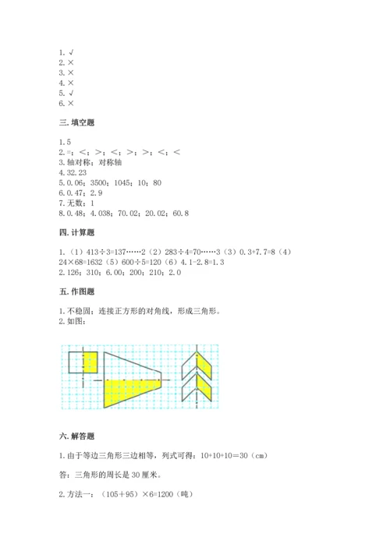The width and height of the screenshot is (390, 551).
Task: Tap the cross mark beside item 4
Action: coord(70,82)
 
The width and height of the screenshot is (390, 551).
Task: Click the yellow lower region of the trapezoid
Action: coord(129,393)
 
